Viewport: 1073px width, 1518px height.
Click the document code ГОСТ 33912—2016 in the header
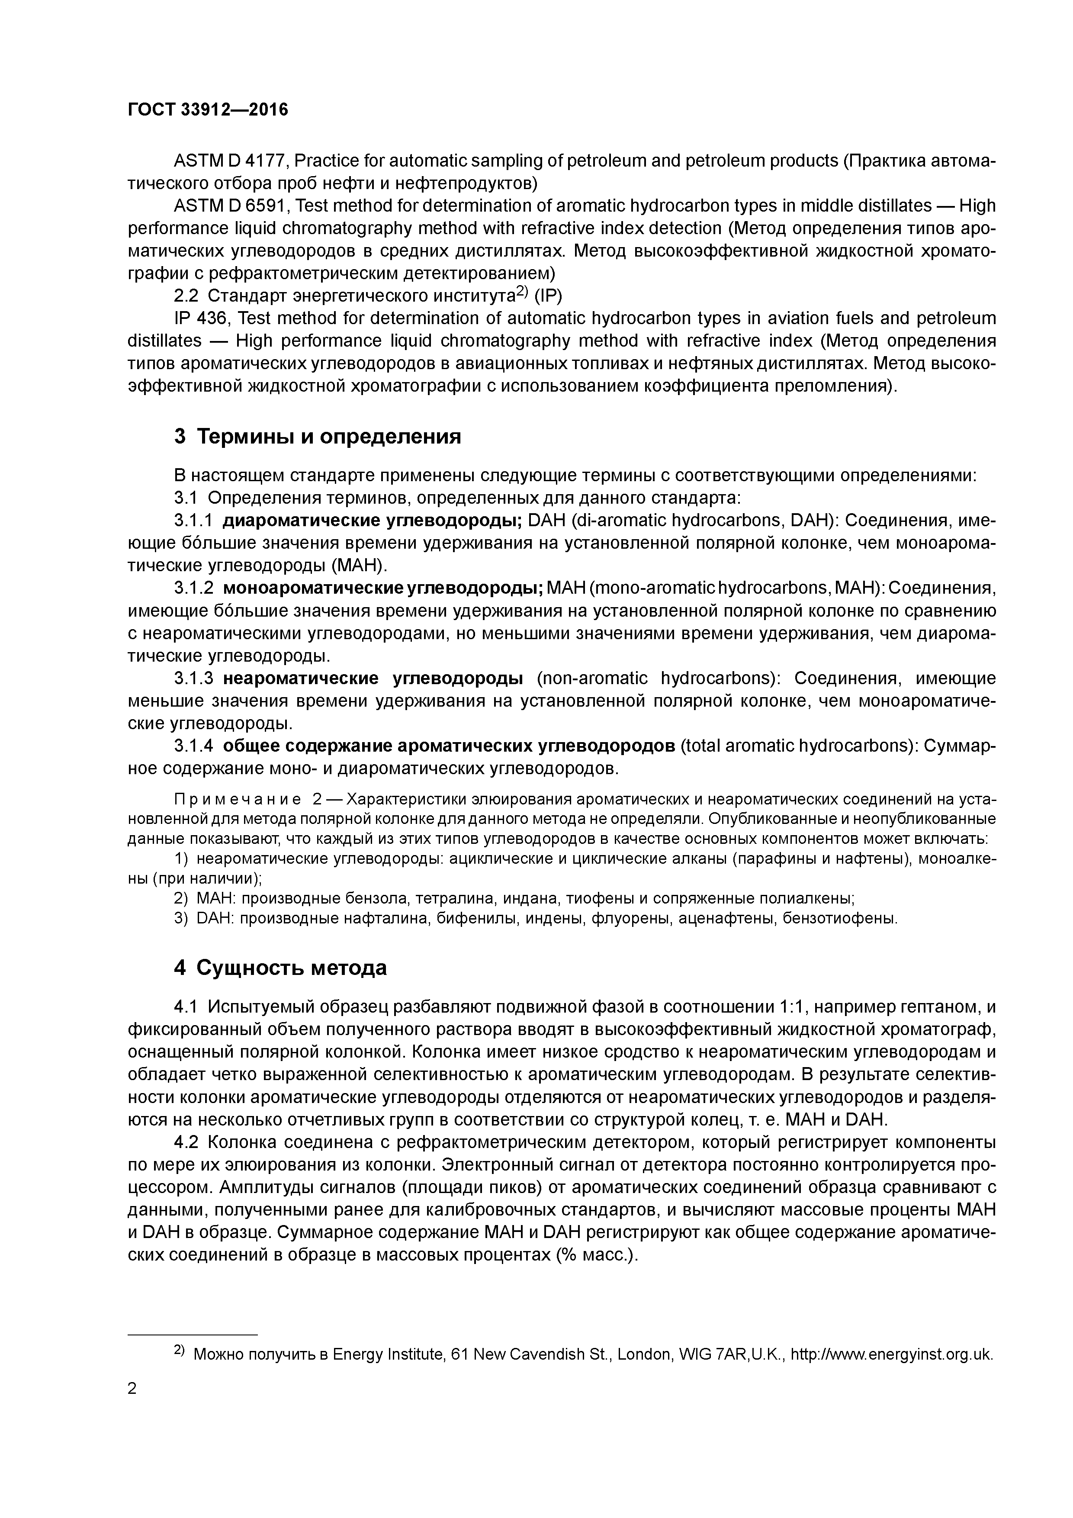(208, 110)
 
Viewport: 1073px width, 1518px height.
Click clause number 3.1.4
(193, 746)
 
